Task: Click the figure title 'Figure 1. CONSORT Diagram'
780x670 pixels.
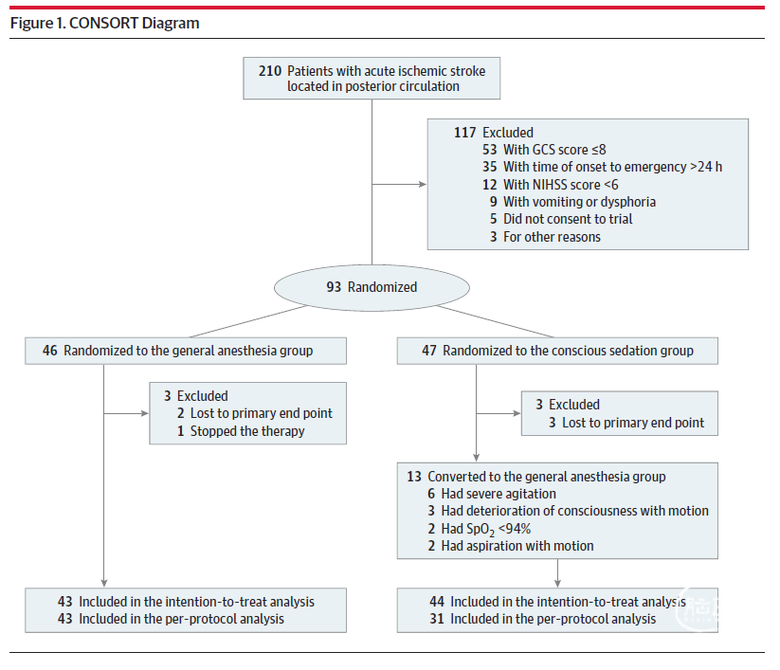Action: point(104,24)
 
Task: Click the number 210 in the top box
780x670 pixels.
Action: point(270,71)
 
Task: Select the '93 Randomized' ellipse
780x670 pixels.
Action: point(372,287)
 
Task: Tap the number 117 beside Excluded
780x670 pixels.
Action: point(464,133)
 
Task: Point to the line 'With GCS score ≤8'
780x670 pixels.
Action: point(554,150)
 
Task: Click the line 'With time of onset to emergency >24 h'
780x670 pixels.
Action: point(612,167)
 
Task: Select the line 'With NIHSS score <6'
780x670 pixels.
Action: point(561,185)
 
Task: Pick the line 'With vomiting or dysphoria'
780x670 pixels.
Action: point(579,202)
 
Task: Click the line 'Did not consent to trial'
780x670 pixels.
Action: point(568,219)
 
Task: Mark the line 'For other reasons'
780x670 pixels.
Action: point(552,237)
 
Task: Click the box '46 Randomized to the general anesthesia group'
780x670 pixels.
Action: point(186,351)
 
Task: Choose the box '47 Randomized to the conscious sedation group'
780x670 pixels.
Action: point(557,351)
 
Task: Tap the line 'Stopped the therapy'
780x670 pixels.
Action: point(247,431)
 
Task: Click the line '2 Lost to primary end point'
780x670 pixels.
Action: point(255,413)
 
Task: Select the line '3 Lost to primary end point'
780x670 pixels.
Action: point(626,423)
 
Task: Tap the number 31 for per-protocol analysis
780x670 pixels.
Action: point(437,619)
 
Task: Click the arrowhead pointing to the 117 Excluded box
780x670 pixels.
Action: point(423,184)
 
